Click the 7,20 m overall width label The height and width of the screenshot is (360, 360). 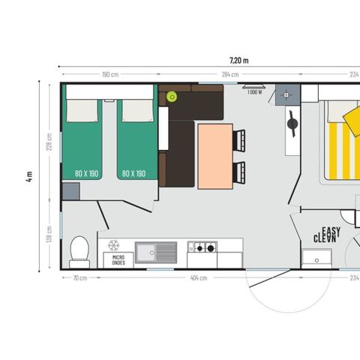click(238, 59)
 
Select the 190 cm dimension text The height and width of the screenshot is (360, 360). click(110, 74)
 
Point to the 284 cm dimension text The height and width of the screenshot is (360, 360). click(229, 74)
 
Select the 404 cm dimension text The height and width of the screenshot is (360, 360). click(198, 277)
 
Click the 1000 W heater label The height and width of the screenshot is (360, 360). click(254, 92)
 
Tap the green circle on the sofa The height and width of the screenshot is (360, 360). click(171, 95)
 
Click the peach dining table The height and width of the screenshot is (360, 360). click(215, 154)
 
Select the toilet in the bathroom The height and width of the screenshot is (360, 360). click(79, 249)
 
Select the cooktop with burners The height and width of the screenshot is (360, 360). click(202, 247)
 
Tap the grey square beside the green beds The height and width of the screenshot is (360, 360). click(70, 189)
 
